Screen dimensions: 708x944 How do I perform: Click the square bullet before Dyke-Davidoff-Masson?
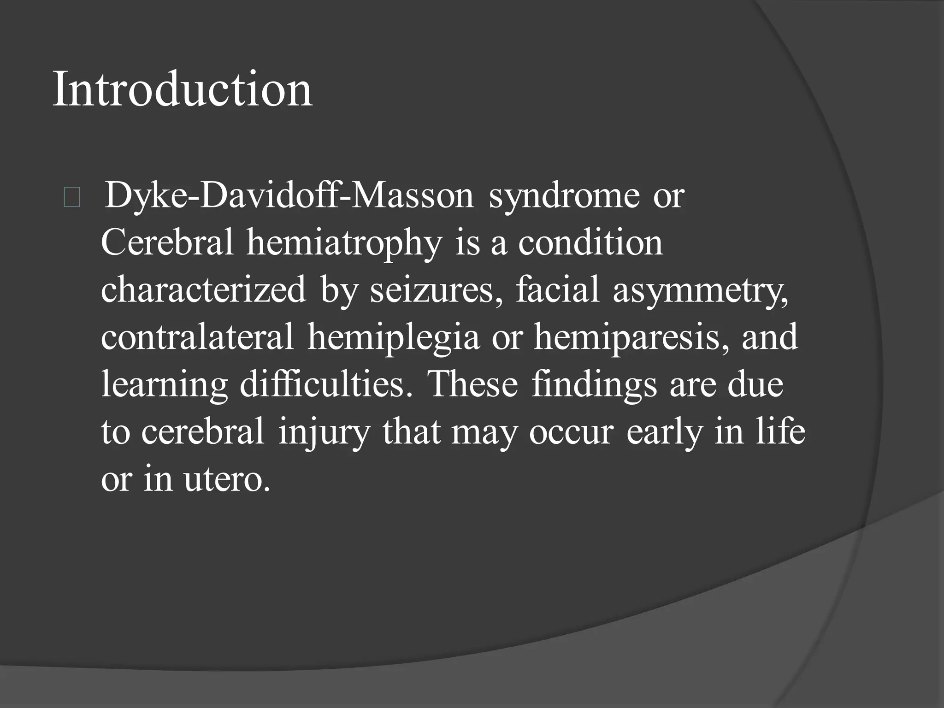click(72, 198)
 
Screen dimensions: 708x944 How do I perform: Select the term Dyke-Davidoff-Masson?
click(289, 196)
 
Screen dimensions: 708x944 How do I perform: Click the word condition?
click(590, 243)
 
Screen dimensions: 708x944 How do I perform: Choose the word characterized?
click(203, 290)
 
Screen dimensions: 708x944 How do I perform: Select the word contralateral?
click(197, 337)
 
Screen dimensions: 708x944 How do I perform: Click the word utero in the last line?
click(226, 479)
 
